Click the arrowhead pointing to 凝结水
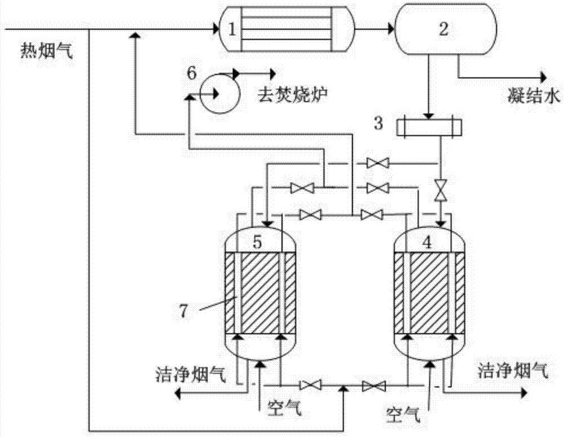pos(543,77)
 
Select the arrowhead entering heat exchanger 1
pos(215,27)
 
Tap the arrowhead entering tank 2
pos(389,27)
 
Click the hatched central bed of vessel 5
pos(261,293)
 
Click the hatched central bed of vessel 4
pos(430,293)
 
